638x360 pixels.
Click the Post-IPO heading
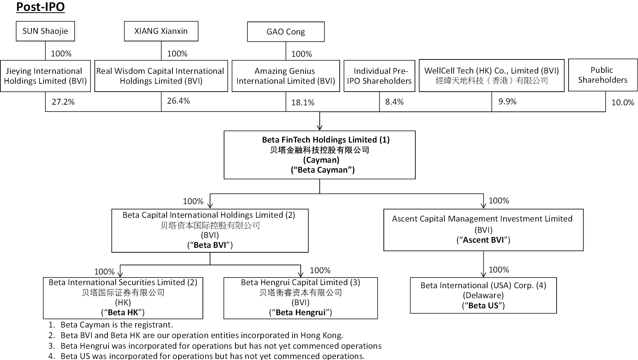(40, 7)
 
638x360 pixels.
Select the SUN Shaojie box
(45, 31)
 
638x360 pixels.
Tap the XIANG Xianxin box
(161, 31)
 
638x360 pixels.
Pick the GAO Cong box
(286, 32)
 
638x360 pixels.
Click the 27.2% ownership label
(63, 102)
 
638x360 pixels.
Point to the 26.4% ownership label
(178, 101)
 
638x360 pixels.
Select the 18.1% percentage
(302, 103)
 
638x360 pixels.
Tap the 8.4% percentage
(394, 102)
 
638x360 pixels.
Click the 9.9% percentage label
(507, 102)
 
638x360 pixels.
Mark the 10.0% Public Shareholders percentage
(623, 103)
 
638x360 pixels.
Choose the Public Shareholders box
(603, 75)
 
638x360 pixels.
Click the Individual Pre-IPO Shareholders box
(379, 76)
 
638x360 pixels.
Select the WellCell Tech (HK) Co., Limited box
(492, 76)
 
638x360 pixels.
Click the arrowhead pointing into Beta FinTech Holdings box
(320, 128)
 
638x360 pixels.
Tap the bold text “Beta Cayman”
(323, 170)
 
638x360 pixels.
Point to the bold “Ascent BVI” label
(483, 240)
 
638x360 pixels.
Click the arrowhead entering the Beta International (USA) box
(483, 274)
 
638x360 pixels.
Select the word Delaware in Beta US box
(483, 295)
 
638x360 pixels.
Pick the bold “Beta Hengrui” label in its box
(300, 312)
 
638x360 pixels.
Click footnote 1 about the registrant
(111, 325)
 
